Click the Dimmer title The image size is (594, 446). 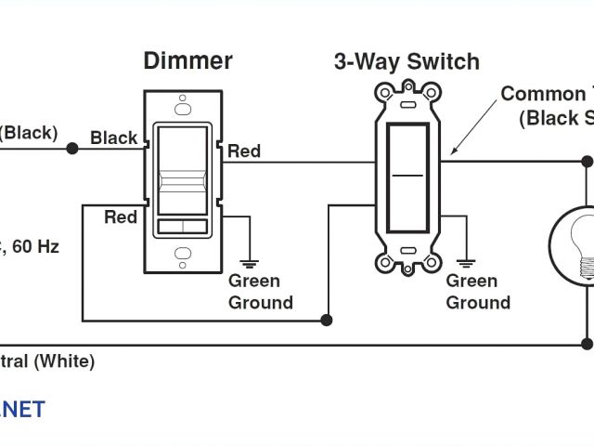pyautogui.click(x=187, y=62)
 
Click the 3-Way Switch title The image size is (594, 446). pyautogui.click(x=407, y=62)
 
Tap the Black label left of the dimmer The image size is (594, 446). pyautogui.click(x=113, y=138)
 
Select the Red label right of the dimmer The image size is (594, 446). pyautogui.click(x=244, y=151)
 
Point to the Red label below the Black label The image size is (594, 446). pyautogui.click(x=121, y=216)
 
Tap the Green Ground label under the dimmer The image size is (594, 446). pyautogui.click(x=261, y=292)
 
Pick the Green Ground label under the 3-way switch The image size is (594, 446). pyautogui.click(x=478, y=292)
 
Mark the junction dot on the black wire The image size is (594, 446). pyautogui.click(x=71, y=147)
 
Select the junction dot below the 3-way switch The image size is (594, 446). pyautogui.click(x=327, y=321)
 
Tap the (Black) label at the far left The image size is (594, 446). pyautogui.click(x=28, y=132)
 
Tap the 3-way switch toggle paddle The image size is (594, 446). pyautogui.click(x=406, y=174)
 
